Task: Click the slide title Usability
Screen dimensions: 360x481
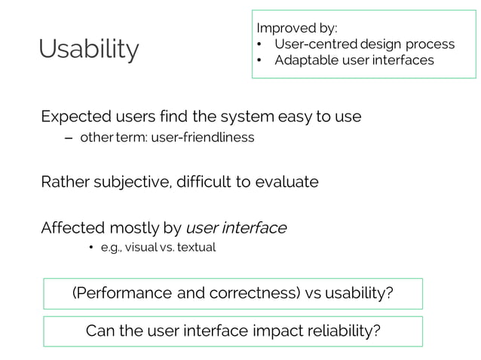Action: click(89, 50)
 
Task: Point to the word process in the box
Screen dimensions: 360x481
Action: click(430, 44)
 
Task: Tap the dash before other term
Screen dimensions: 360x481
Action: click(69, 138)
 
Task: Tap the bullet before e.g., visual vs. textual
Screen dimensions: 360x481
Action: click(90, 248)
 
